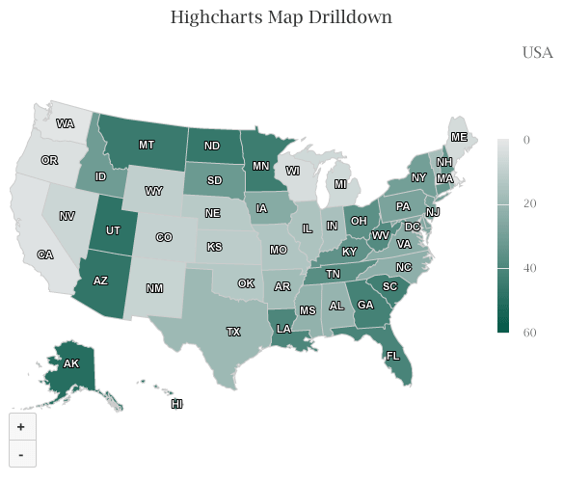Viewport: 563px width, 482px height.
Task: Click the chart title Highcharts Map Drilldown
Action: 281,17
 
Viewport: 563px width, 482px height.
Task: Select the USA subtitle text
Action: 537,52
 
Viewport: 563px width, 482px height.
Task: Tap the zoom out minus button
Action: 21,452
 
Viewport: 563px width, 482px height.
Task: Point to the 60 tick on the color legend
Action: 529,333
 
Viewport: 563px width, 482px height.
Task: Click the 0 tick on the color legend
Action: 526,140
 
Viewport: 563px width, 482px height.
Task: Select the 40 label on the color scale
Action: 529,268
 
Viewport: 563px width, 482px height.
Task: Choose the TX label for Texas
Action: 233,332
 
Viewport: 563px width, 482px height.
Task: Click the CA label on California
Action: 44,254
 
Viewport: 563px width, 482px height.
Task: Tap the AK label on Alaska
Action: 70,364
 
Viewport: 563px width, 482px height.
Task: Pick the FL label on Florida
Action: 392,355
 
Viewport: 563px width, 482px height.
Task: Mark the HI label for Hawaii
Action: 176,404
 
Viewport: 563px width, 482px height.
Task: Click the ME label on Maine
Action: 459,138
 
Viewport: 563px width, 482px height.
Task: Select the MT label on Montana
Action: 147,145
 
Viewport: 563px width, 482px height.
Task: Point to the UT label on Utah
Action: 113,230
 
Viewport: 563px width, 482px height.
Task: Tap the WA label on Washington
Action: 66,123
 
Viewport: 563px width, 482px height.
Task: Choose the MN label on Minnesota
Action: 261,166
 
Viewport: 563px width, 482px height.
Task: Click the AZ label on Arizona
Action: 100,281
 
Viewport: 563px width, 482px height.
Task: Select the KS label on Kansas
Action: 214,247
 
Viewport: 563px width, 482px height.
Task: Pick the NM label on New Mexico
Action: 154,288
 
